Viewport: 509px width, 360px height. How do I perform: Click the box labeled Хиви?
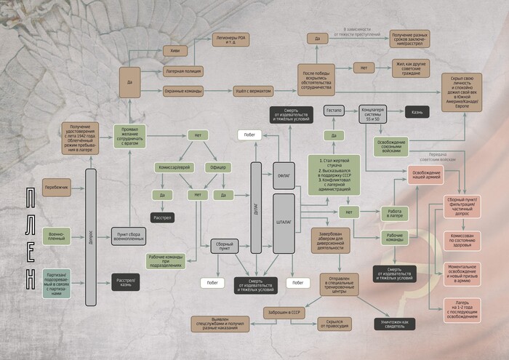(174, 52)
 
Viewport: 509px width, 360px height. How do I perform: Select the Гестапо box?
(334, 111)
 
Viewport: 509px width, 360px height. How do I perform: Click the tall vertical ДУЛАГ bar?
(255, 207)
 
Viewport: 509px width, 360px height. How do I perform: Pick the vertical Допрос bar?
(90, 236)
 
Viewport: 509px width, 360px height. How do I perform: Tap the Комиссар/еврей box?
(175, 167)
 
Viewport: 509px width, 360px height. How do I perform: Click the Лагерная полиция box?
(183, 71)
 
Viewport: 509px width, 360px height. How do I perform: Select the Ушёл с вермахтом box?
(253, 91)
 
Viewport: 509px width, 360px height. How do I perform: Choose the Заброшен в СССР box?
(284, 312)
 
